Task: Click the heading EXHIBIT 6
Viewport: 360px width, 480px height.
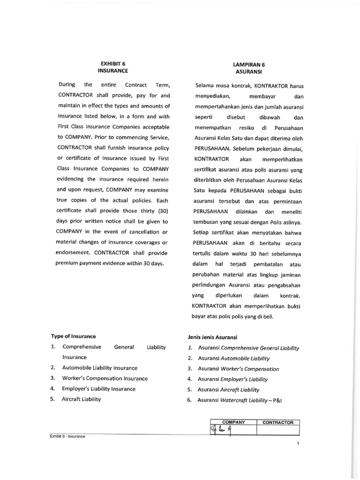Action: (112, 63)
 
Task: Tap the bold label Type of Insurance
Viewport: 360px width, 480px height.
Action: (73, 336)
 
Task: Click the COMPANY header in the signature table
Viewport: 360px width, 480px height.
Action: (233, 422)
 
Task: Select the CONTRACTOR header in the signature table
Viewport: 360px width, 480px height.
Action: (278, 422)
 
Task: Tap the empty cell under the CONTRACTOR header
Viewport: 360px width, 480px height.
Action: (278, 430)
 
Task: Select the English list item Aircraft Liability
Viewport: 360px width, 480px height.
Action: (81, 399)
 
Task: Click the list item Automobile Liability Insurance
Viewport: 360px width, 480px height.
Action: (100, 368)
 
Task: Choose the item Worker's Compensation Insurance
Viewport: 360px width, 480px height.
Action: (105, 378)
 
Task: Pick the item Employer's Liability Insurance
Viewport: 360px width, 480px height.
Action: (98, 389)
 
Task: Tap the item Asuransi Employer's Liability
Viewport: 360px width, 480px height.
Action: (232, 379)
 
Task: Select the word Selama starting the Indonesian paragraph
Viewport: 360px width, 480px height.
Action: (204, 86)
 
